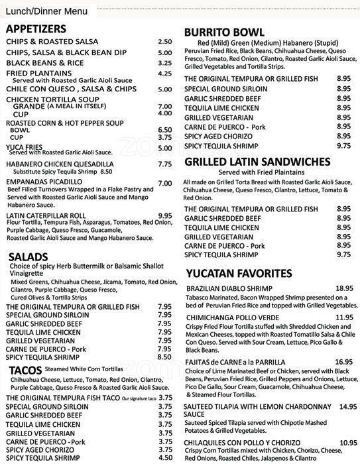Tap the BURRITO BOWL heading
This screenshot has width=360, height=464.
point(224,32)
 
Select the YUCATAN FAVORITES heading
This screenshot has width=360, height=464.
point(239,273)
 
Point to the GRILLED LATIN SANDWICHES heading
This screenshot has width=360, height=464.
point(257,162)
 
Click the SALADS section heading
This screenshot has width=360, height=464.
point(29,257)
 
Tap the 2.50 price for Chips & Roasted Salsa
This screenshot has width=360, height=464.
point(165,42)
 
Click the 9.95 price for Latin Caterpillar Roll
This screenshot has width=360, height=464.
point(165,215)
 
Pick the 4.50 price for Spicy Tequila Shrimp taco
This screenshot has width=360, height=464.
point(165,457)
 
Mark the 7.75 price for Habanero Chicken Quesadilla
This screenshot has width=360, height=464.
point(165,164)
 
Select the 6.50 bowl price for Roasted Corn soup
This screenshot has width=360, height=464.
point(165,130)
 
